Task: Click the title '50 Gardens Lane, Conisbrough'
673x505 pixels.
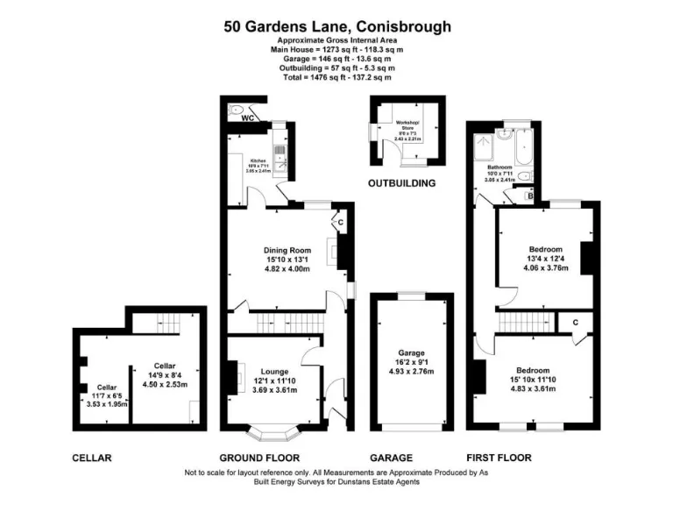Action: (x=336, y=26)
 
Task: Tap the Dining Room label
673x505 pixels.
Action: (x=288, y=248)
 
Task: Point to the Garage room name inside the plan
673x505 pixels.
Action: (x=411, y=352)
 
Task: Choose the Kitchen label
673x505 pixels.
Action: (x=258, y=160)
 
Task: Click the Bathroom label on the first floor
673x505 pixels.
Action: (x=499, y=167)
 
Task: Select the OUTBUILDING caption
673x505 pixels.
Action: (x=401, y=184)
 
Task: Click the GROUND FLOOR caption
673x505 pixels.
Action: (x=259, y=458)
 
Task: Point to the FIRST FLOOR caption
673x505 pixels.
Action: (x=499, y=458)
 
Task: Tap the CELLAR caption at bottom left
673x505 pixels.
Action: (x=92, y=458)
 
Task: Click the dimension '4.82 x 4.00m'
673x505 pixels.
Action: (x=288, y=269)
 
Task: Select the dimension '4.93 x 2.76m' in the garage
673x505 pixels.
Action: (x=411, y=373)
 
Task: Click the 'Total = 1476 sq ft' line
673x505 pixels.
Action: (x=336, y=77)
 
